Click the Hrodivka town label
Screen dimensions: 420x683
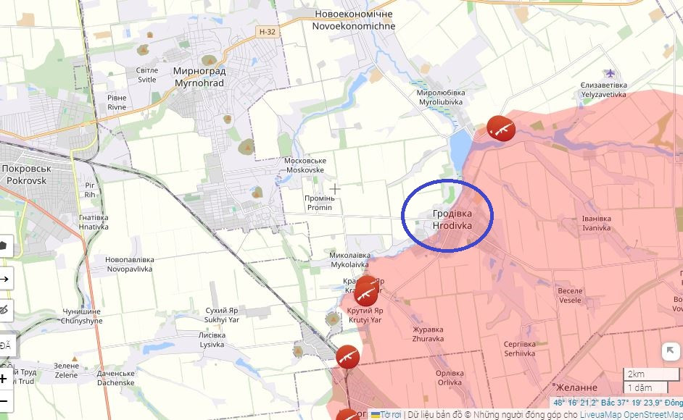point(452,220)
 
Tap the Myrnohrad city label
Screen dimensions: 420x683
point(199,77)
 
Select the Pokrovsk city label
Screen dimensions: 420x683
point(25,173)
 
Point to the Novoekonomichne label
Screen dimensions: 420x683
point(353,20)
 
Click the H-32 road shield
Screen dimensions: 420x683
point(267,32)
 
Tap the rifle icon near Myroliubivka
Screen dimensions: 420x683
point(500,130)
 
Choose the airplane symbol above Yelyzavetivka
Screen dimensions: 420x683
point(610,73)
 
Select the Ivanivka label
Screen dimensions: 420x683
point(596,222)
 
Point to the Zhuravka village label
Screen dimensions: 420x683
point(428,334)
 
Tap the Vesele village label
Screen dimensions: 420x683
point(570,295)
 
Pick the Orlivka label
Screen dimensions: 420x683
point(450,378)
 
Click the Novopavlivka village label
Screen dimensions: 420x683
point(129,264)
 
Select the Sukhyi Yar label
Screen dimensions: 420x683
point(221,314)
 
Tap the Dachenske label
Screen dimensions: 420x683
point(115,379)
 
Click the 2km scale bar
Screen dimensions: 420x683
point(651,374)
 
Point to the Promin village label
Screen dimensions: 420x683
point(320,203)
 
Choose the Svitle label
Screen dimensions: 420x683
point(146,75)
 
